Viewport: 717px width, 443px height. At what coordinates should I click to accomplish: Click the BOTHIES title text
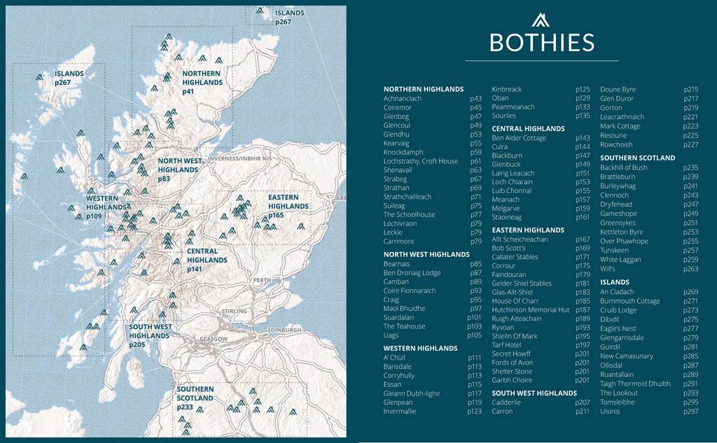(x=541, y=42)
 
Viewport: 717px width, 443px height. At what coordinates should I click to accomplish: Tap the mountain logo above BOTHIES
(x=541, y=20)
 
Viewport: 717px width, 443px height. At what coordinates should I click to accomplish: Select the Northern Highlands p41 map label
(x=202, y=83)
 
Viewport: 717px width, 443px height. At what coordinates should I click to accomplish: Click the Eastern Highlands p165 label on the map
(x=288, y=206)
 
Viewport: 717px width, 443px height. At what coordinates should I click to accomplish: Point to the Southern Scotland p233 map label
(x=195, y=398)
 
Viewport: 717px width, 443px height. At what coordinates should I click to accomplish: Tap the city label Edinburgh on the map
(x=283, y=330)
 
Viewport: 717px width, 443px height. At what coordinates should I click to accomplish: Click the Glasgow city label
(x=214, y=339)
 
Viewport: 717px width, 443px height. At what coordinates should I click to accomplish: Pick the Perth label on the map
(x=262, y=280)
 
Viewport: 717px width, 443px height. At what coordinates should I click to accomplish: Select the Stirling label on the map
(x=234, y=311)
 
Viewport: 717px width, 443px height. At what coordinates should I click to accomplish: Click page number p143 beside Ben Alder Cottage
(x=583, y=138)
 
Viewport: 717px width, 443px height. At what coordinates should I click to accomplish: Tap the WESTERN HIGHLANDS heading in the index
(x=420, y=348)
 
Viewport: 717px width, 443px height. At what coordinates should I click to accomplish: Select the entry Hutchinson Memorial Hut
(x=531, y=309)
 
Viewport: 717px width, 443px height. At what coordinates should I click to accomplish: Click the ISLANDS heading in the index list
(x=615, y=282)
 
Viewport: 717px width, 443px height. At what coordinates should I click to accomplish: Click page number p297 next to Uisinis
(x=691, y=411)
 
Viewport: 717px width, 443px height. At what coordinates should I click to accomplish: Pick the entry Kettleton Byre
(x=621, y=232)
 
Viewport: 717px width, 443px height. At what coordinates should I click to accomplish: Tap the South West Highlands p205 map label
(x=150, y=335)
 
